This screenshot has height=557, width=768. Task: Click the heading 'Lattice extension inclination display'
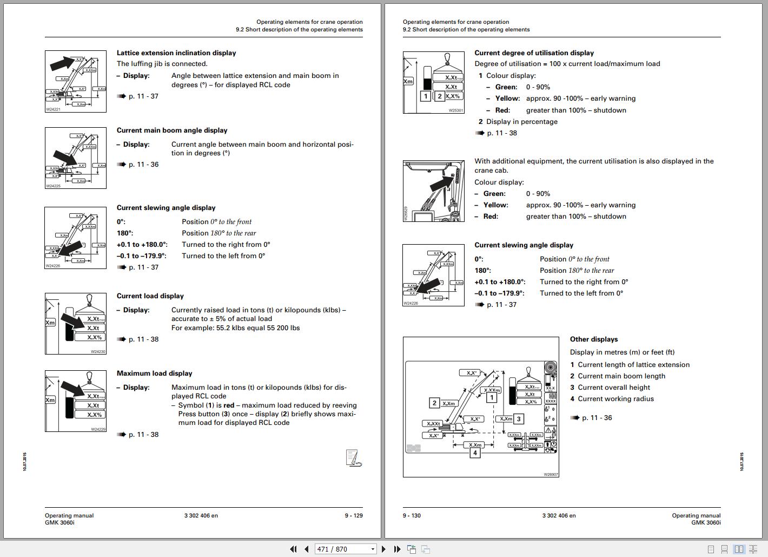click(176, 53)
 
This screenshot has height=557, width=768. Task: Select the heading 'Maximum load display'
click(154, 373)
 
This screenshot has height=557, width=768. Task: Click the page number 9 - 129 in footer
click(354, 515)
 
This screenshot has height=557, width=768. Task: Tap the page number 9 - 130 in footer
click(412, 515)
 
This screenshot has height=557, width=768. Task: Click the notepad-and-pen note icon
click(353, 458)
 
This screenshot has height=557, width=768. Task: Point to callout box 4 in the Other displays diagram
click(475, 453)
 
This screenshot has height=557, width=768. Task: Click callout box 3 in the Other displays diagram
click(519, 419)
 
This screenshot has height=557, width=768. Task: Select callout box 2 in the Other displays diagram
click(434, 403)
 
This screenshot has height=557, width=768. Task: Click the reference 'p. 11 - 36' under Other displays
click(597, 418)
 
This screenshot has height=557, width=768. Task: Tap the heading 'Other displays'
click(593, 339)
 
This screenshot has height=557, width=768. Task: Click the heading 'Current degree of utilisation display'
click(534, 53)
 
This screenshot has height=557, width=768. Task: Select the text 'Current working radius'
click(615, 399)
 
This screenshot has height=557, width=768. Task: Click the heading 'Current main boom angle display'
click(172, 130)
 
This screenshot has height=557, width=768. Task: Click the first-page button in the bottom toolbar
click(293, 549)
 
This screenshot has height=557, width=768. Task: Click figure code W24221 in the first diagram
click(53, 109)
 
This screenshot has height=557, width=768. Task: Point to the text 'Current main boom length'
click(621, 376)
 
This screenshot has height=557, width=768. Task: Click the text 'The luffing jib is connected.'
click(162, 64)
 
